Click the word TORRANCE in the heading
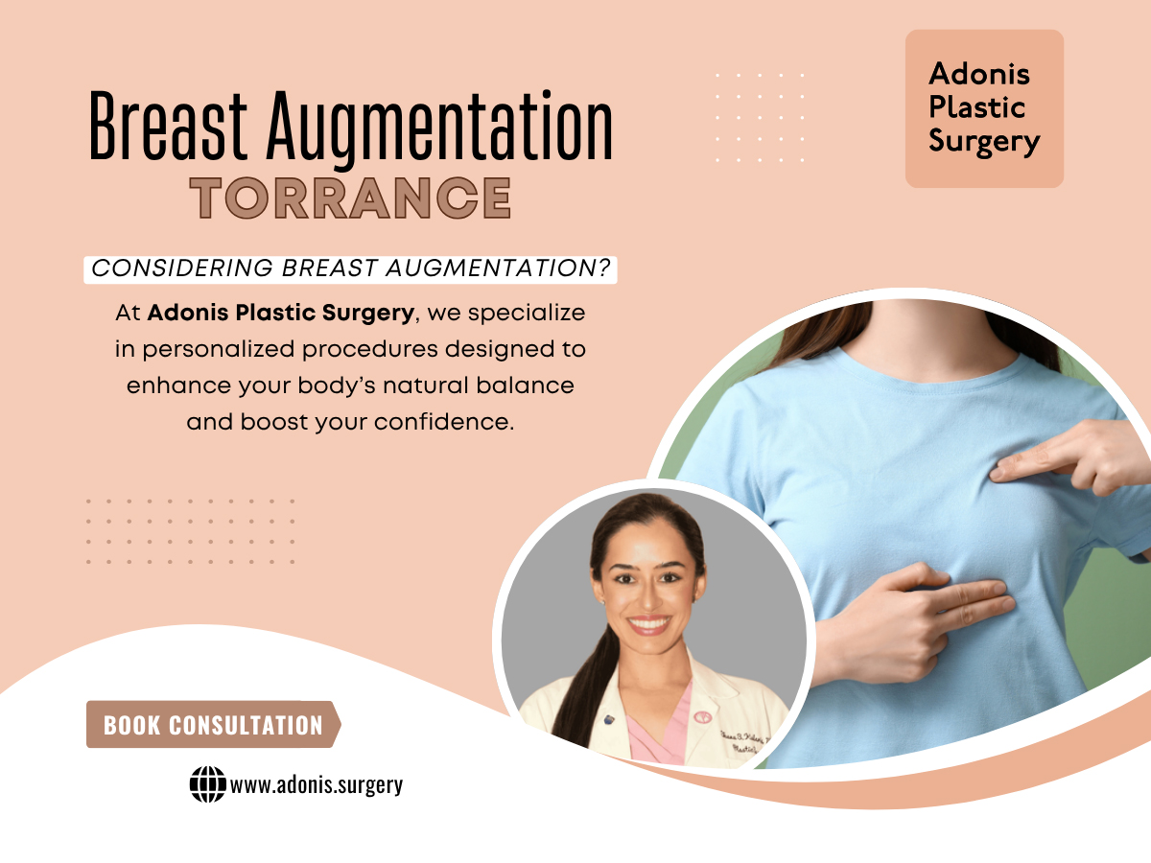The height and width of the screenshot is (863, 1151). [x=350, y=198]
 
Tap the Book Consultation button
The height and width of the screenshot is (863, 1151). [x=213, y=725]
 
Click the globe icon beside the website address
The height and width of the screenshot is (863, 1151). [x=207, y=785]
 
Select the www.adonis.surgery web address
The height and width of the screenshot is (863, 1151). [x=317, y=785]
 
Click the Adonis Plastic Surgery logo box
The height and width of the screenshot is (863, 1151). [x=984, y=108]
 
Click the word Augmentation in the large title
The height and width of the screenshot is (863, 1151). [x=438, y=128]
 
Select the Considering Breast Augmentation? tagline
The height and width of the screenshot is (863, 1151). [x=351, y=269]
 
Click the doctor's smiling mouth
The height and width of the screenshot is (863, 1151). [x=650, y=624]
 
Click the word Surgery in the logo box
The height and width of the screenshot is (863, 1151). [x=984, y=142]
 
